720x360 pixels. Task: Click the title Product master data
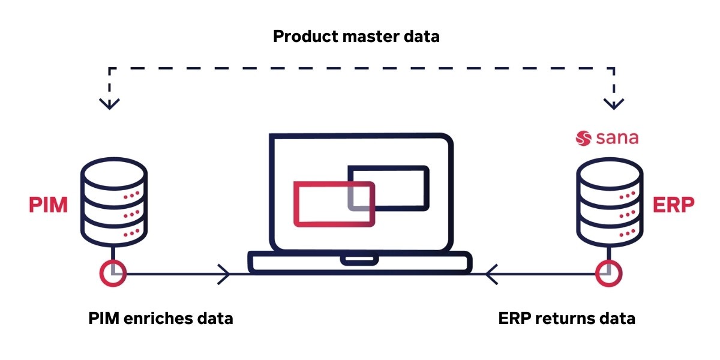(x=356, y=37)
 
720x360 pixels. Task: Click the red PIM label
(x=48, y=205)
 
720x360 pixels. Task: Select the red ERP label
(x=673, y=205)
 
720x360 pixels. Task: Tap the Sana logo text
(x=617, y=139)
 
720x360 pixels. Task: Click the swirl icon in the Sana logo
(x=584, y=139)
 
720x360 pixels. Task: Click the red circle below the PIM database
(x=113, y=274)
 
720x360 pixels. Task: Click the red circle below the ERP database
(x=609, y=274)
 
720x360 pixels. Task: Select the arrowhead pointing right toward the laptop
(x=224, y=275)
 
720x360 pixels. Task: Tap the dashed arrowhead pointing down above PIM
(x=109, y=103)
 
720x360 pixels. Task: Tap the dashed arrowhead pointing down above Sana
(x=613, y=103)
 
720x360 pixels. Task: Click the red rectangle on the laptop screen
(x=334, y=204)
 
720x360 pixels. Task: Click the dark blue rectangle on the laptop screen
(x=389, y=187)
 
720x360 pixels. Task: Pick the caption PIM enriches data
(x=160, y=318)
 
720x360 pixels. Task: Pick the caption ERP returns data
(x=566, y=318)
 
